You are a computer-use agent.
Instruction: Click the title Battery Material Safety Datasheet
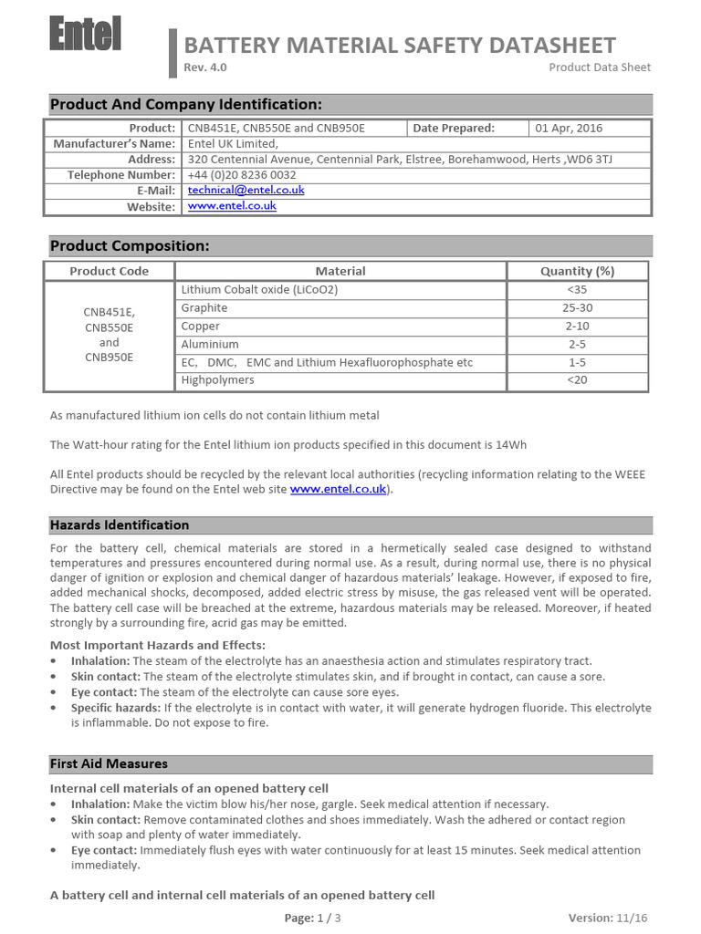tap(400, 46)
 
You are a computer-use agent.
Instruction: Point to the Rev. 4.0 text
tap(206, 67)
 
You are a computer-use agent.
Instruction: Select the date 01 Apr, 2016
tap(569, 129)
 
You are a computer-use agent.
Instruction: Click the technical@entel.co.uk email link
tap(246, 190)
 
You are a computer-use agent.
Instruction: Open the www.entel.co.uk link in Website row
tap(232, 206)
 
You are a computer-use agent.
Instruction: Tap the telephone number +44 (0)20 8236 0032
tap(242, 174)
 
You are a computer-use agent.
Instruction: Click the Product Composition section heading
tap(130, 246)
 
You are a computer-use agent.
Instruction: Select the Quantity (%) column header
tap(577, 271)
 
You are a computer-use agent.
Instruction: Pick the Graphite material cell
tap(204, 308)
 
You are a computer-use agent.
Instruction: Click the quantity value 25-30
tap(577, 308)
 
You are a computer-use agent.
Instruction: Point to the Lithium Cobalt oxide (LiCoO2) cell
tap(259, 290)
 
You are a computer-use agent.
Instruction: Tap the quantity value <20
tap(577, 380)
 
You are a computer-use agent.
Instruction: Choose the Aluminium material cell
tap(210, 345)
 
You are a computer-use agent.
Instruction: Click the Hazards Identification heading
tap(120, 525)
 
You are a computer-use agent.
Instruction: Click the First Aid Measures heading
tap(109, 763)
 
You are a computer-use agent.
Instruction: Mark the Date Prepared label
tap(454, 129)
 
